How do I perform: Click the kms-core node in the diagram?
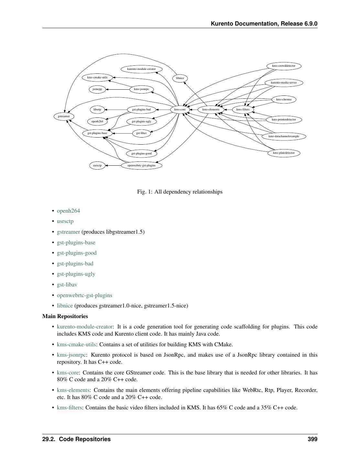coord(180,109)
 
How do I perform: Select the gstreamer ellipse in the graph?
coord(64,116)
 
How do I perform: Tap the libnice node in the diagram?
coord(180,78)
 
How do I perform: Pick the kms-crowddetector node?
coord(284,66)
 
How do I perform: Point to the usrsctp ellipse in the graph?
coord(97,165)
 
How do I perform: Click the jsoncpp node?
coord(97,89)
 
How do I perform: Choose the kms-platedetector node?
coord(284,153)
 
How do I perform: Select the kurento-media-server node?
coord(284,83)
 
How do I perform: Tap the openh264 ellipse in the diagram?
coord(97,121)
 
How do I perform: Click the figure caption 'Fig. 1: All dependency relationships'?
coord(180,192)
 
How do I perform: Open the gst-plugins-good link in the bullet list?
coord(77,253)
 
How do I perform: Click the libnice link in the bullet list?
coord(65,305)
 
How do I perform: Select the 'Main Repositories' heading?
coord(65,316)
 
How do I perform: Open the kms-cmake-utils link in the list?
coord(76,344)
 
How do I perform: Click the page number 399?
coord(312,439)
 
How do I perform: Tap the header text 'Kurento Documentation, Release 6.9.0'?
coord(264,24)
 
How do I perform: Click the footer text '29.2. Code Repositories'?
coord(76,439)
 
